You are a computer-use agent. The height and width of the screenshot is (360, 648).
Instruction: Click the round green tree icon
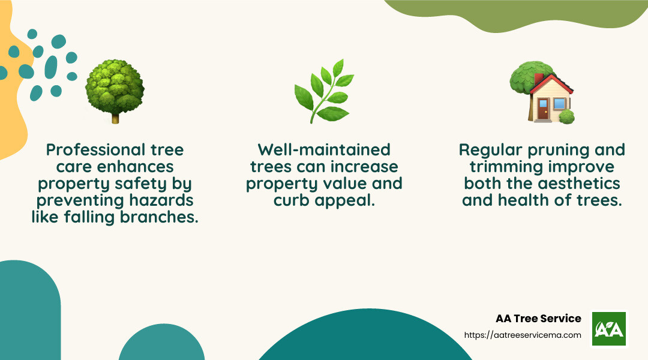coord(115,89)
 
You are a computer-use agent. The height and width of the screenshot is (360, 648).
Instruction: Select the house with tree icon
coord(542,93)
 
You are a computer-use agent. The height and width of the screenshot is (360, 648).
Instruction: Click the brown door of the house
coord(542,110)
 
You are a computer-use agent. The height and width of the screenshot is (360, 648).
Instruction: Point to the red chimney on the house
coord(539,80)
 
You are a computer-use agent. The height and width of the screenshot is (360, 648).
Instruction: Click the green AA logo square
coord(608,329)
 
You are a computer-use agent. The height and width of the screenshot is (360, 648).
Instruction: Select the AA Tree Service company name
coord(538,318)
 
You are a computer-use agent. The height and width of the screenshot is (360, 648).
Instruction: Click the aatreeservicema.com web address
coord(523,335)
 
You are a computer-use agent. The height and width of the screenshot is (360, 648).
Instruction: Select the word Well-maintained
coord(324,149)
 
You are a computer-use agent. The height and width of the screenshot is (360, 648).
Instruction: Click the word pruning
coord(562,149)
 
